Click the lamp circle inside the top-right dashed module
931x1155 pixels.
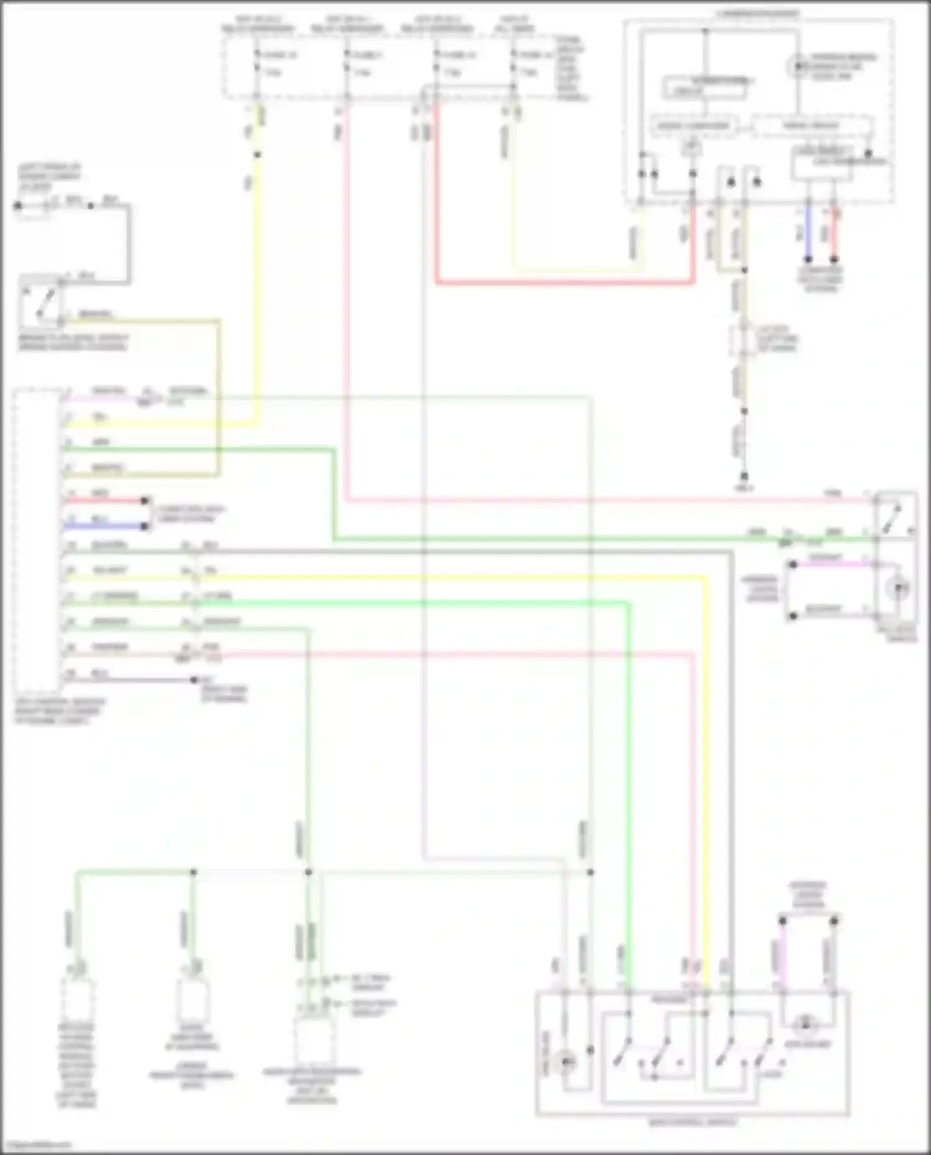[798, 65]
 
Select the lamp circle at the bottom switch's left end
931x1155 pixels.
[567, 1062]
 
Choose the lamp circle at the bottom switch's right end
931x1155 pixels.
[806, 1025]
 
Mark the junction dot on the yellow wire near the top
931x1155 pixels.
[258, 155]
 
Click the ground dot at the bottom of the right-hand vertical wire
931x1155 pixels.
[744, 476]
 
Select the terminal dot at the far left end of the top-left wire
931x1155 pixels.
[18, 205]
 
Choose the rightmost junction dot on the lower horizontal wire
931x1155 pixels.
[590, 872]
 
